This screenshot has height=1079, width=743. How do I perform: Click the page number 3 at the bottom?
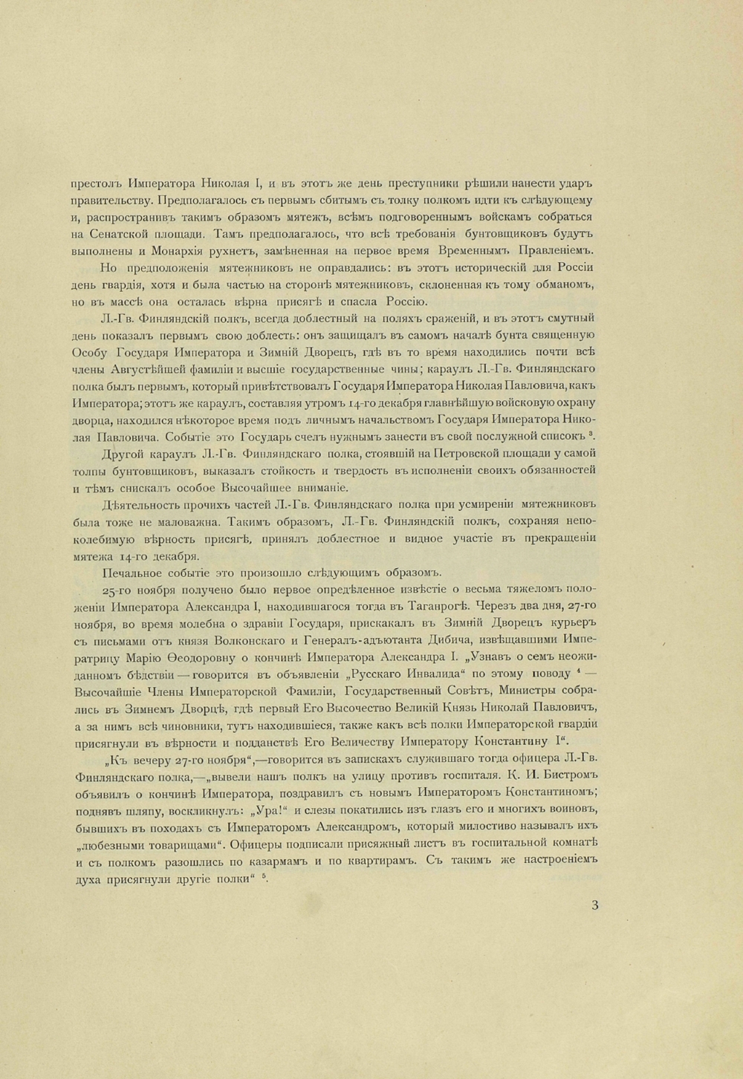[595, 904]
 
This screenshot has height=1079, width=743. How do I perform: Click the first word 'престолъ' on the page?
[96, 183]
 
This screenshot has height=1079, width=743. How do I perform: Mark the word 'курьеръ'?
[569, 622]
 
